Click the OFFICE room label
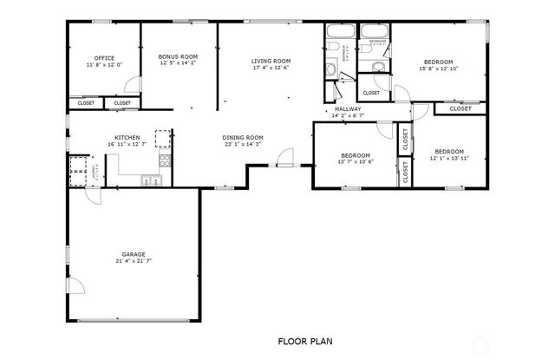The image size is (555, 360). (x=104, y=58)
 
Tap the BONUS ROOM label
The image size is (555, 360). (x=178, y=56)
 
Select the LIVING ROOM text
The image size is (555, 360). (x=270, y=61)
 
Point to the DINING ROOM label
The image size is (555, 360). (x=243, y=137)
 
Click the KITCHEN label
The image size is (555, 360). (x=127, y=137)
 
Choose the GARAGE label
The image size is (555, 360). (x=134, y=254)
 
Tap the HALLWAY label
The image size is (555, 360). (x=348, y=109)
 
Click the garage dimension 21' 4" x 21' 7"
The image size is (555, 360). (x=134, y=261)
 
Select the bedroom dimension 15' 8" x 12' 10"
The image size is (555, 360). (x=437, y=68)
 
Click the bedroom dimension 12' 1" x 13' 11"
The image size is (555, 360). (x=449, y=158)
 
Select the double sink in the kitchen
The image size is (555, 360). (x=152, y=180)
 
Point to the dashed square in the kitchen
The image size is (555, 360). (x=163, y=139)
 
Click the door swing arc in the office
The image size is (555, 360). (x=131, y=85)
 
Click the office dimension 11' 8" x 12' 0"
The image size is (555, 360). (x=104, y=65)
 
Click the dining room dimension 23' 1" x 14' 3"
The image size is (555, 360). (x=243, y=144)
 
